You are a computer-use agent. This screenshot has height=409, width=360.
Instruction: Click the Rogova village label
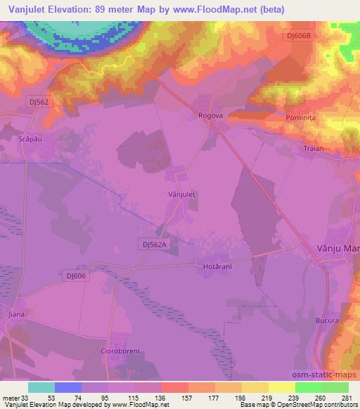(210, 116)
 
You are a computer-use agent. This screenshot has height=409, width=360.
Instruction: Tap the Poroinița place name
(303, 118)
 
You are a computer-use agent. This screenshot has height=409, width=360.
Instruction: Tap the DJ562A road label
(152, 244)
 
